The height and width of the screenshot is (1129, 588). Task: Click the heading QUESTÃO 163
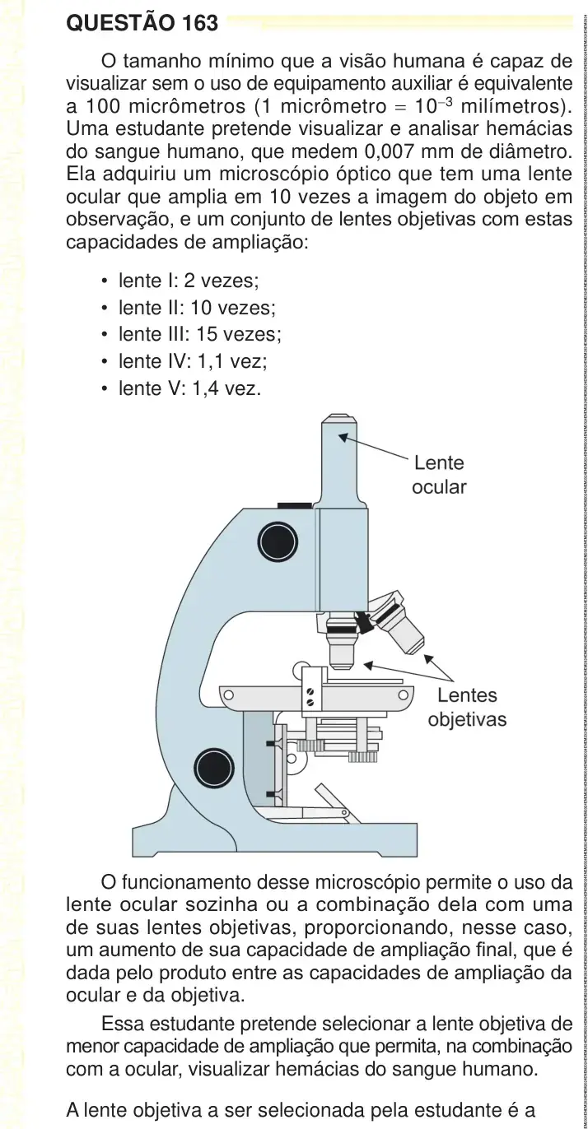(142, 23)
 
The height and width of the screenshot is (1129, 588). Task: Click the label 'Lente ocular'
(439, 475)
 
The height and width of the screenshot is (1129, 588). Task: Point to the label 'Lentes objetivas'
(467, 707)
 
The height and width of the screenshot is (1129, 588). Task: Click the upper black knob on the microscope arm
(278, 542)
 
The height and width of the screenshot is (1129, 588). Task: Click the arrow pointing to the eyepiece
(374, 447)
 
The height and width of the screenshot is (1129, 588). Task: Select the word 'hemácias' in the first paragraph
(530, 129)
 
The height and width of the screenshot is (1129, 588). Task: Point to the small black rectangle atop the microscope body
(294, 505)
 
